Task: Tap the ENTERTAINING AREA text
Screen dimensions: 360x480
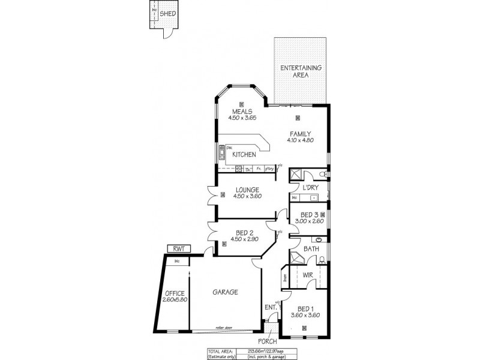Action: (x=302, y=71)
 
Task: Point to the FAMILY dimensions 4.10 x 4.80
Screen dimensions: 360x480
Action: (x=301, y=140)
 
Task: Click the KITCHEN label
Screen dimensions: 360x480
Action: (x=244, y=155)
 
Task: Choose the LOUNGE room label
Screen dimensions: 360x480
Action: (x=248, y=190)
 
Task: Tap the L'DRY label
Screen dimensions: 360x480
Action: (x=310, y=187)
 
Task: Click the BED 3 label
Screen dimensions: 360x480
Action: (x=309, y=214)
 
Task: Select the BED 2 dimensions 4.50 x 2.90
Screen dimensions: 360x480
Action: (x=248, y=239)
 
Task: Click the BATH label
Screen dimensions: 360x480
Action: (x=311, y=248)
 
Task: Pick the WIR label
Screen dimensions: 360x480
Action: (x=308, y=275)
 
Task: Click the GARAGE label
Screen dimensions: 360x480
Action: (x=226, y=292)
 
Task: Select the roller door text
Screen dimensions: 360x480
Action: (x=226, y=328)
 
